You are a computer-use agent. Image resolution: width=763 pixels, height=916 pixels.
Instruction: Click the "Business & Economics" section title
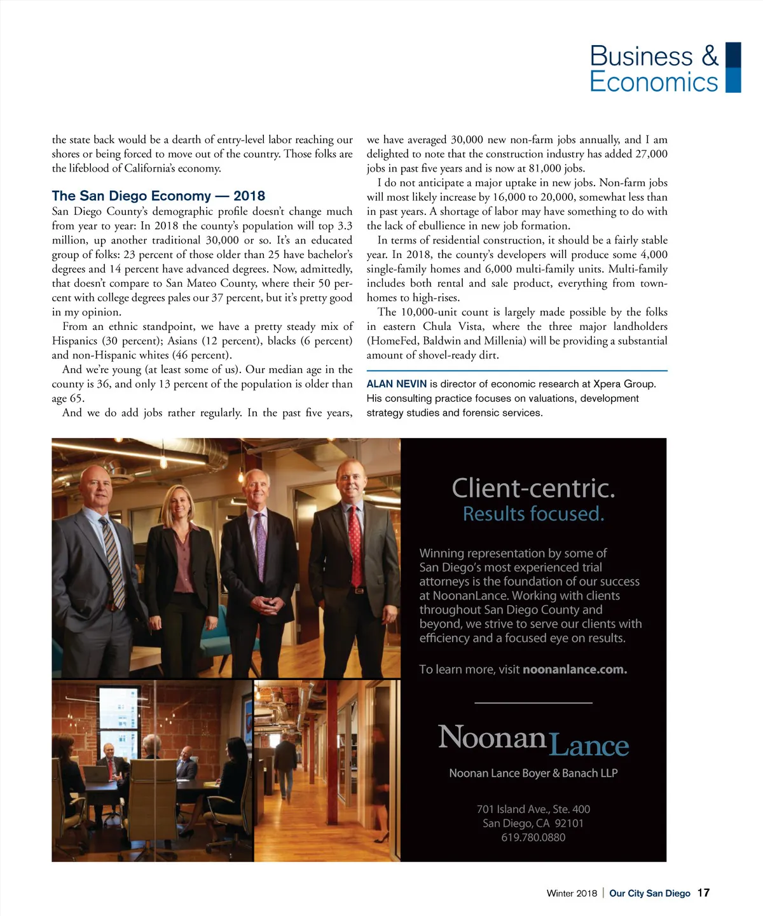[654, 69]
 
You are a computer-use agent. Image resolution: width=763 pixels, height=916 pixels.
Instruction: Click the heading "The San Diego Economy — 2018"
[158, 196]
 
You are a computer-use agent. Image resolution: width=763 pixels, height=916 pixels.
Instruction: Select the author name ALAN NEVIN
[396, 384]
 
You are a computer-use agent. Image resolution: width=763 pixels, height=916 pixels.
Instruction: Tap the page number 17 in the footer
[703, 893]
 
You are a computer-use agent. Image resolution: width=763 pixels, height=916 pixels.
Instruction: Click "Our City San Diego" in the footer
[649, 893]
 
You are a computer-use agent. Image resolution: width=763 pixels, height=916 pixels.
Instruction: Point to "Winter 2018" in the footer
[572, 893]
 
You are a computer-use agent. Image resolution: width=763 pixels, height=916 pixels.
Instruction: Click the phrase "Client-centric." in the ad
[533, 488]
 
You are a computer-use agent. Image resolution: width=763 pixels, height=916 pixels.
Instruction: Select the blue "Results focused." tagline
[533, 514]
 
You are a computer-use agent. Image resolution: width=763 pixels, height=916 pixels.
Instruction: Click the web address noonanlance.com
[575, 669]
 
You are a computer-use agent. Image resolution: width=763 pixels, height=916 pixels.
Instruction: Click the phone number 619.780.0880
[533, 837]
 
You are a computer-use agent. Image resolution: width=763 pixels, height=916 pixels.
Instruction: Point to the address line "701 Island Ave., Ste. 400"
[533, 809]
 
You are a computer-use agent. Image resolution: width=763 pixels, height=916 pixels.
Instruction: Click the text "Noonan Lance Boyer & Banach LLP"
[533, 773]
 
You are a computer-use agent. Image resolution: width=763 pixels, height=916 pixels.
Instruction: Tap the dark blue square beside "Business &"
[733, 55]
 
